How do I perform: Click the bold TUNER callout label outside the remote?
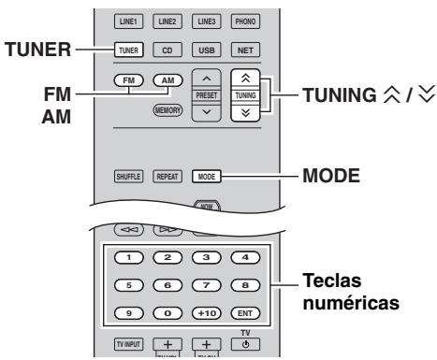coord(37,50)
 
